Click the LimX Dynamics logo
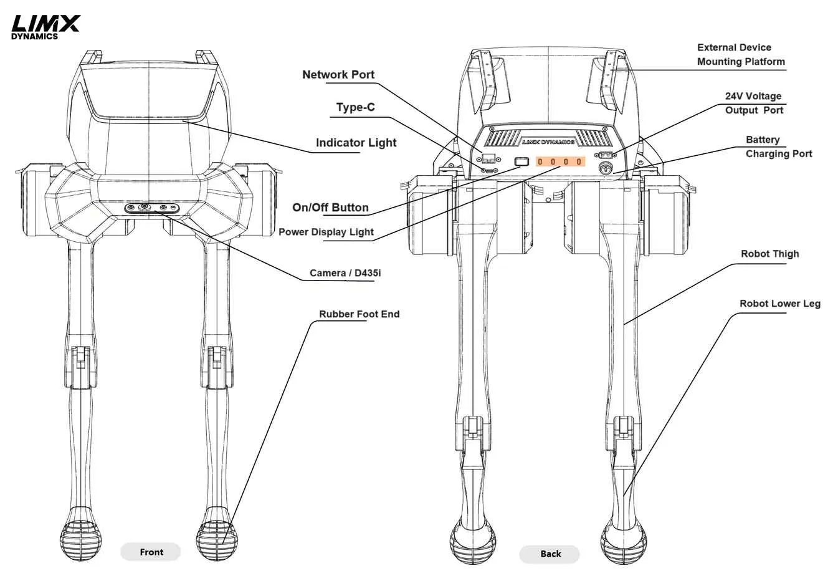click(45, 27)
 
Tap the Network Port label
click(338, 75)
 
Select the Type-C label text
click(355, 107)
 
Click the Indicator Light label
click(356, 143)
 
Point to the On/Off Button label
click(330, 208)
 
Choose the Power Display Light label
click(326, 232)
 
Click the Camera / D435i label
click(341, 273)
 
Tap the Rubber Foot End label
click(359, 314)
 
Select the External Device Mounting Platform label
click(740, 55)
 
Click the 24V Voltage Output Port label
click(753, 103)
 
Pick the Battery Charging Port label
click(778, 146)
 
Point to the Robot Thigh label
click(769, 254)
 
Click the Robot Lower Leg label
click(779, 304)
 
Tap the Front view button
click(151, 552)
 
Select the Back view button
click(550, 554)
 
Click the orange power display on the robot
click(561, 161)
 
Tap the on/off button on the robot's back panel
click(521, 161)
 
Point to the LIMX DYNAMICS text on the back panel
click(548, 142)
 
